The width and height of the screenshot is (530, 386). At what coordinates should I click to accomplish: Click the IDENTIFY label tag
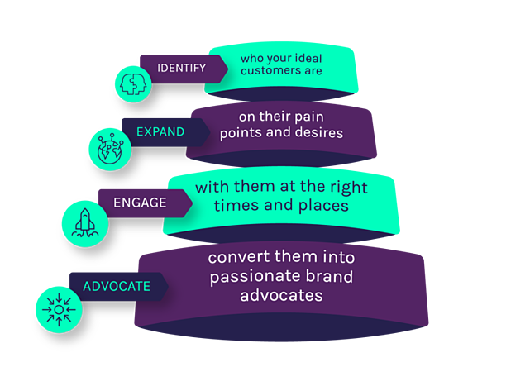tap(181, 67)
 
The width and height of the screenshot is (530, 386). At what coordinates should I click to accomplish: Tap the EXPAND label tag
tap(160, 131)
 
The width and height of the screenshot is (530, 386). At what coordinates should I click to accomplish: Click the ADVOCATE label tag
tap(116, 286)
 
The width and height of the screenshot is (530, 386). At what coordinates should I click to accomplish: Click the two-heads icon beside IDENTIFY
tap(132, 83)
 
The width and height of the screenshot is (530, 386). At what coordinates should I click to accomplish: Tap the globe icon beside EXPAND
tap(109, 150)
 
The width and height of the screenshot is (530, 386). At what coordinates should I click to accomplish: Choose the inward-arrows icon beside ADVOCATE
tap(58, 308)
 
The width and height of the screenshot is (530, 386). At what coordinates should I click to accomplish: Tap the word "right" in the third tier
tap(348, 187)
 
